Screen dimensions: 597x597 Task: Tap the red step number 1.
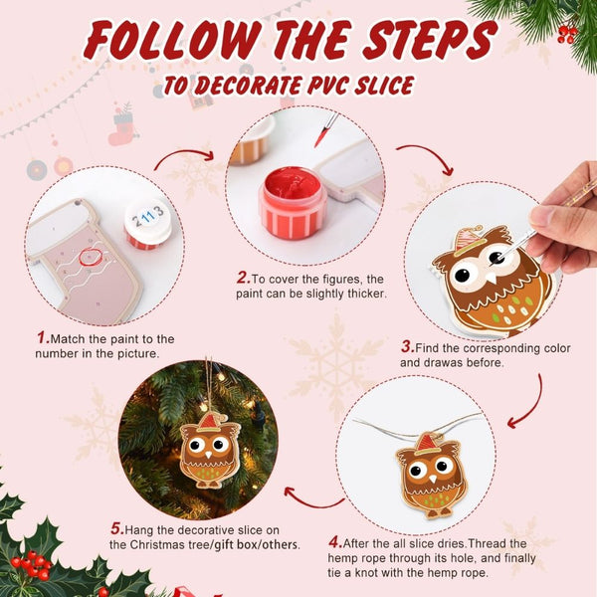pos(41,337)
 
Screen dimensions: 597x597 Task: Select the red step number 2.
pos(242,277)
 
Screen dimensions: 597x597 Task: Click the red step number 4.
pos(334,542)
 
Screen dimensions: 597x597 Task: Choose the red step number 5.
pos(114,527)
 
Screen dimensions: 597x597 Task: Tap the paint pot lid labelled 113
pos(147,222)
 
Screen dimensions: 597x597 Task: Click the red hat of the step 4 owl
pos(427,443)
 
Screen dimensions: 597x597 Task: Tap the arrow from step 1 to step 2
pos(183,156)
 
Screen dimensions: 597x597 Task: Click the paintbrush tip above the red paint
pos(321,134)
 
